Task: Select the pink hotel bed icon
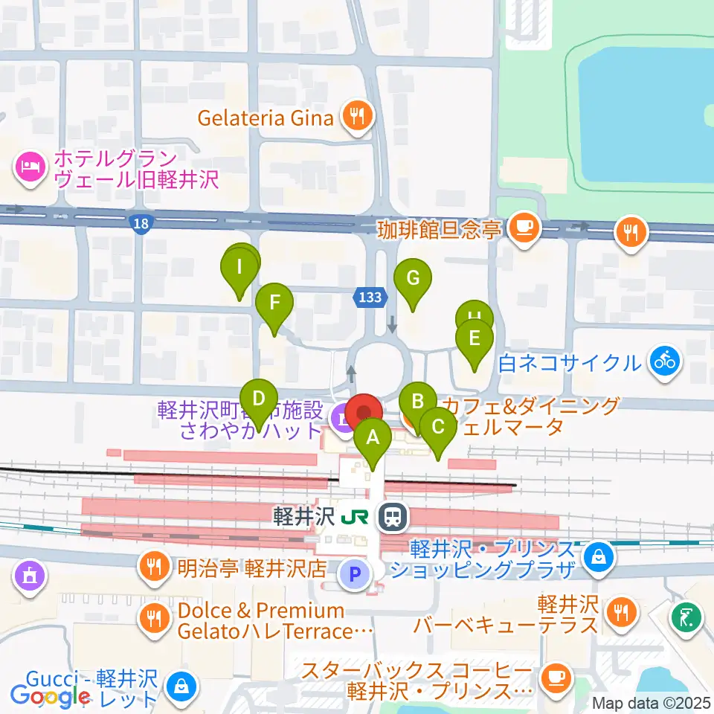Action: point(30,164)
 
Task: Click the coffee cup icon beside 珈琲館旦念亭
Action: point(525,226)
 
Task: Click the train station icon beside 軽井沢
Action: point(391,517)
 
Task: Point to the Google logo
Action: point(50,696)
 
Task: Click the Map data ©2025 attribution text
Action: point(652,703)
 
